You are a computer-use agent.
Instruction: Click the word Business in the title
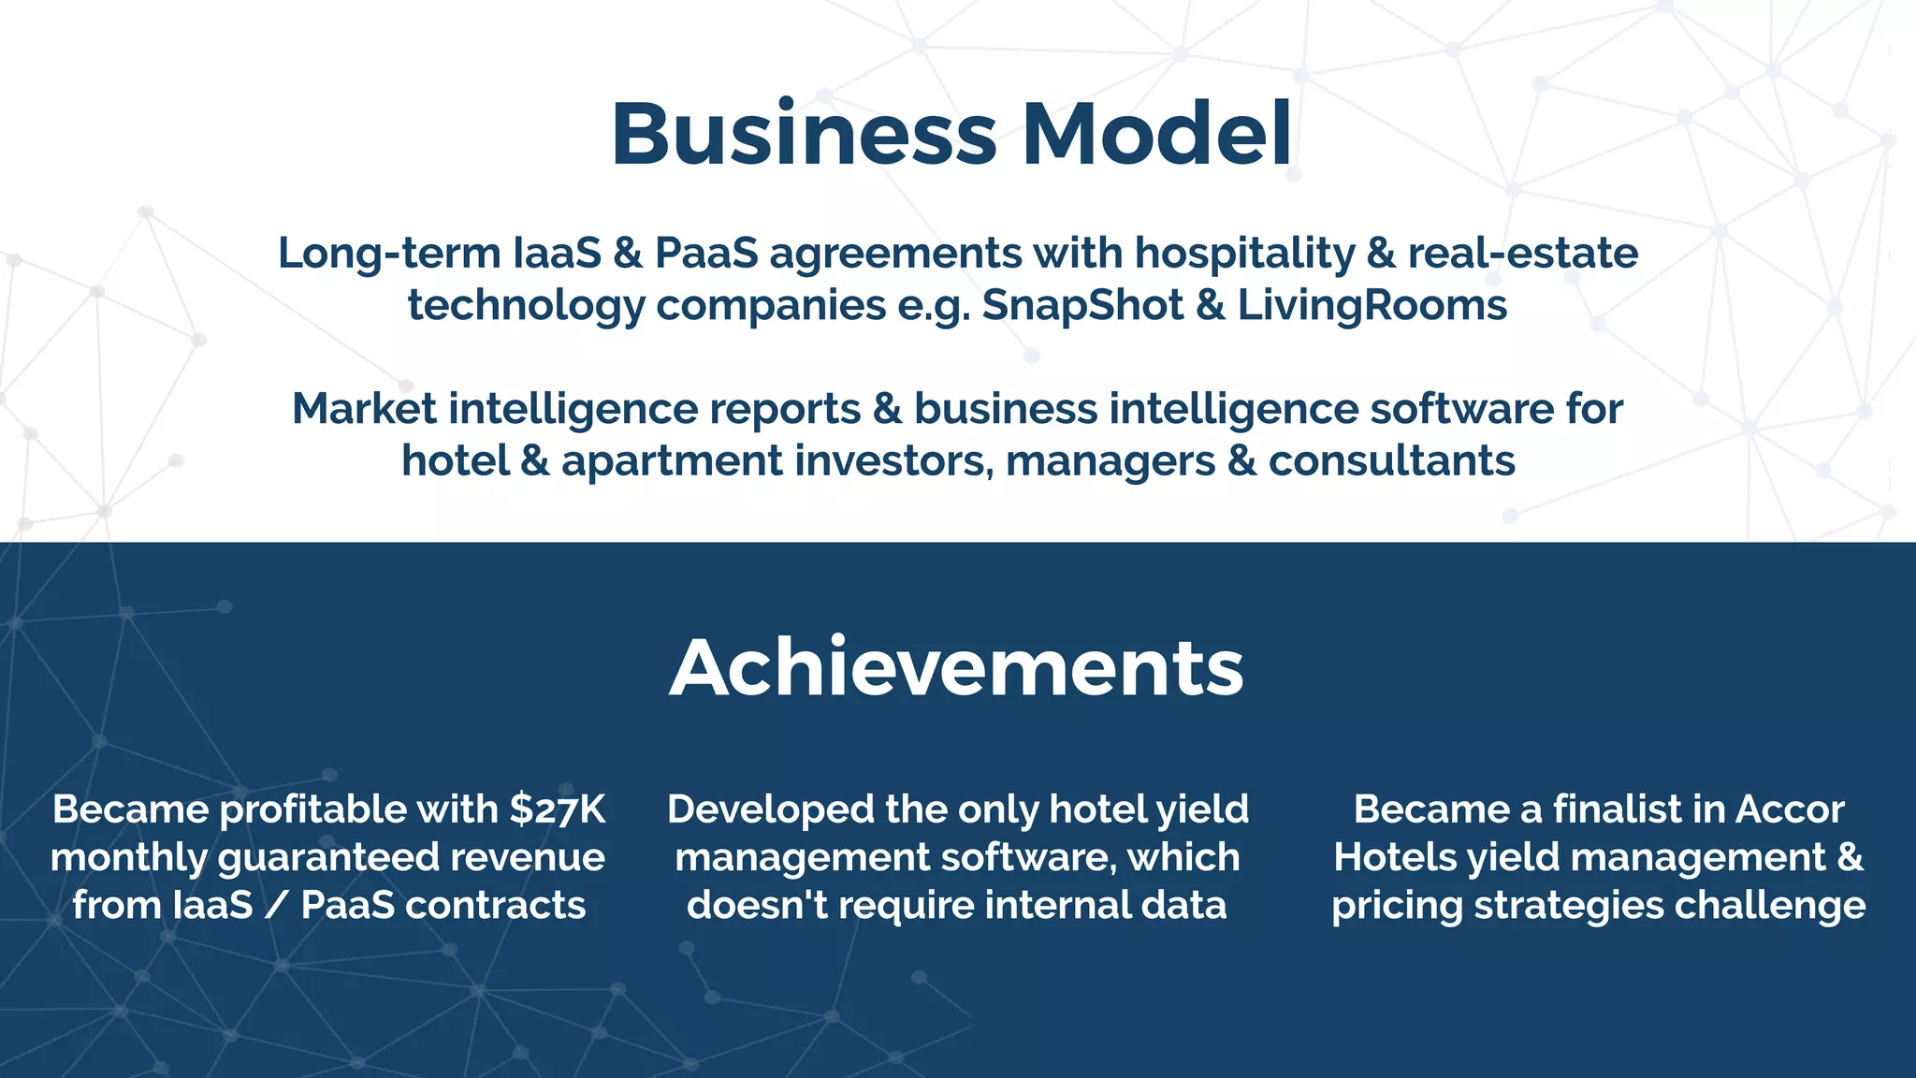click(804, 134)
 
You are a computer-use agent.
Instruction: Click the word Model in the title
click(1157, 134)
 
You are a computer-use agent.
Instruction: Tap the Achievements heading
click(957, 668)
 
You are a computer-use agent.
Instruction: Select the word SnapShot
click(1082, 305)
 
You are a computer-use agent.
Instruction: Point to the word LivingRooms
click(1372, 305)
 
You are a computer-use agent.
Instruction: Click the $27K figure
click(558, 809)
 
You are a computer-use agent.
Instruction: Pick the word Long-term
click(389, 254)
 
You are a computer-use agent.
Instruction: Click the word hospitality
click(1244, 254)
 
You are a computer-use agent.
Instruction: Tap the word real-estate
click(1522, 254)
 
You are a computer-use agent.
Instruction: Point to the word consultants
click(1391, 461)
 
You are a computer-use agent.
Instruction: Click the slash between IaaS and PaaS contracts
click(277, 906)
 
